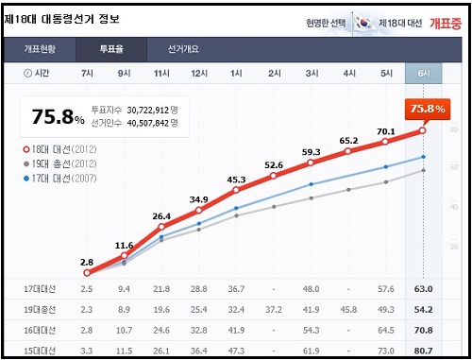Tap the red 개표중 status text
(x=444, y=22)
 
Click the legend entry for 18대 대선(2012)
(x=63, y=148)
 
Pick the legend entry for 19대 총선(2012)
(x=63, y=163)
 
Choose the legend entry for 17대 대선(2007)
(x=63, y=177)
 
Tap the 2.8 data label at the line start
(x=87, y=261)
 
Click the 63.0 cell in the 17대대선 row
(x=423, y=288)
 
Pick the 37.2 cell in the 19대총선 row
(x=274, y=309)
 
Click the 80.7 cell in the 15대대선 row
(x=423, y=351)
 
